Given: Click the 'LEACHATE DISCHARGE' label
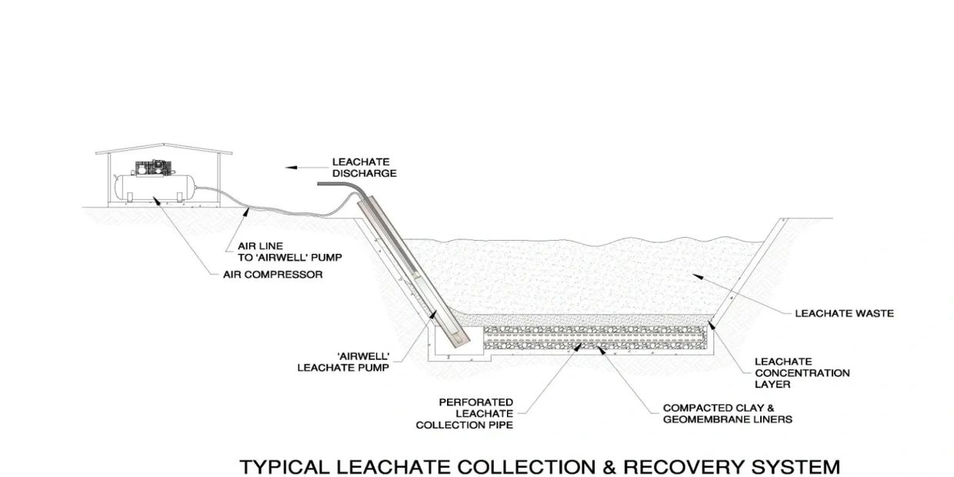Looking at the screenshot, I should pos(364,168).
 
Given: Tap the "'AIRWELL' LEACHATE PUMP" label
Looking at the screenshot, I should pos(343,362).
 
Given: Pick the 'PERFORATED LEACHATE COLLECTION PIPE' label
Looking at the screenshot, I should pos(465,413).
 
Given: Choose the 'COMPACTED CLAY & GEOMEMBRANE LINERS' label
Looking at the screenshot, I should pos(728,413).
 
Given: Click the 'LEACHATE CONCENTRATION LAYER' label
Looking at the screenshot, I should pos(802,372).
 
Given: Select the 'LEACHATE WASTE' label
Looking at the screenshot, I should pos(844,313).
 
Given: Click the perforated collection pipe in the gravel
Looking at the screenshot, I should pos(592,335).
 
